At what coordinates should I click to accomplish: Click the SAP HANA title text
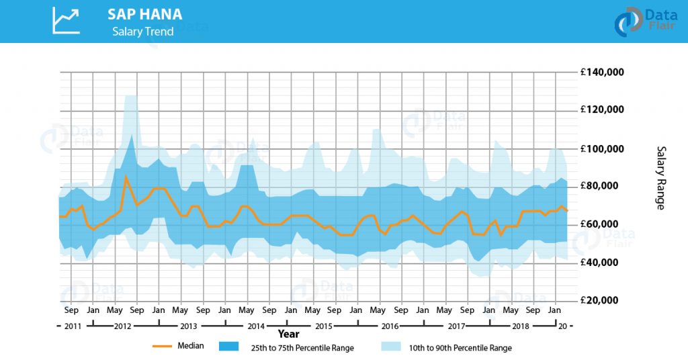[145, 15]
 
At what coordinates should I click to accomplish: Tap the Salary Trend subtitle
[142, 32]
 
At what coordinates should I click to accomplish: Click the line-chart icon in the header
[67, 21]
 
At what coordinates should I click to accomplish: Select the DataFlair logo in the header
[645, 21]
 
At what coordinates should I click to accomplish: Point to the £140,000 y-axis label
[601, 72]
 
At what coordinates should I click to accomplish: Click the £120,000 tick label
[601, 109]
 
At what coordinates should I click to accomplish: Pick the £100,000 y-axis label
[601, 148]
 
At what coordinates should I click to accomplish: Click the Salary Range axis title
[660, 177]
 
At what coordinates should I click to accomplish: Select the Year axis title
[288, 334]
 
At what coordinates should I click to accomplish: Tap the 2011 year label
[73, 326]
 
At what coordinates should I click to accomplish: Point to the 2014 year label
[256, 326]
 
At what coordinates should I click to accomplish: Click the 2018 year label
[521, 326]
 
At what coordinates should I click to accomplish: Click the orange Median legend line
[162, 347]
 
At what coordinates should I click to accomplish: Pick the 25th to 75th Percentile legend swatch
[228, 347]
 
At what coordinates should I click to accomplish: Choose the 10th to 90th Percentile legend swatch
[391, 347]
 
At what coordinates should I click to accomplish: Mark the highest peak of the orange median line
[126, 177]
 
